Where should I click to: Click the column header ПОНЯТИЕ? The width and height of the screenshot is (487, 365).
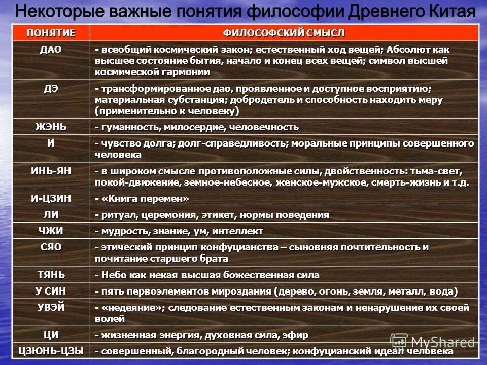(x=51, y=33)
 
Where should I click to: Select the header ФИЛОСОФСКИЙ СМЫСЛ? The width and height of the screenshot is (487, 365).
(x=284, y=33)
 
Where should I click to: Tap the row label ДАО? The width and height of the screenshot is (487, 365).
(x=51, y=49)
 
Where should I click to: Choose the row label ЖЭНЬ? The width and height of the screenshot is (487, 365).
(x=51, y=126)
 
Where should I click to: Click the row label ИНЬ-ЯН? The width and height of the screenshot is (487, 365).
(x=51, y=171)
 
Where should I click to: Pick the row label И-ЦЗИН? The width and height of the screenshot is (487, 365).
(x=51, y=198)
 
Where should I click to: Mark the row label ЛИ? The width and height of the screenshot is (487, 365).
(x=51, y=214)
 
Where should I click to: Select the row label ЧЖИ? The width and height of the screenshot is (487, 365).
(x=51, y=231)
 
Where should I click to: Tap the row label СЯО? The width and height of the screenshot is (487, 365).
(x=51, y=247)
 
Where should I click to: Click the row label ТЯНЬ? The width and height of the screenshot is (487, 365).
(x=51, y=274)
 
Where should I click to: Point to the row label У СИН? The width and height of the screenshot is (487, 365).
(x=51, y=291)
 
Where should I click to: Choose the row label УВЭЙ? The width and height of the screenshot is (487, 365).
(x=51, y=307)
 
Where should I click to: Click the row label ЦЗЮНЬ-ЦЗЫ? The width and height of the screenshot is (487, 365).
(x=51, y=351)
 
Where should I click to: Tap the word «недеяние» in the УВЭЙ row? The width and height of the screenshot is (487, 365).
(x=132, y=308)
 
